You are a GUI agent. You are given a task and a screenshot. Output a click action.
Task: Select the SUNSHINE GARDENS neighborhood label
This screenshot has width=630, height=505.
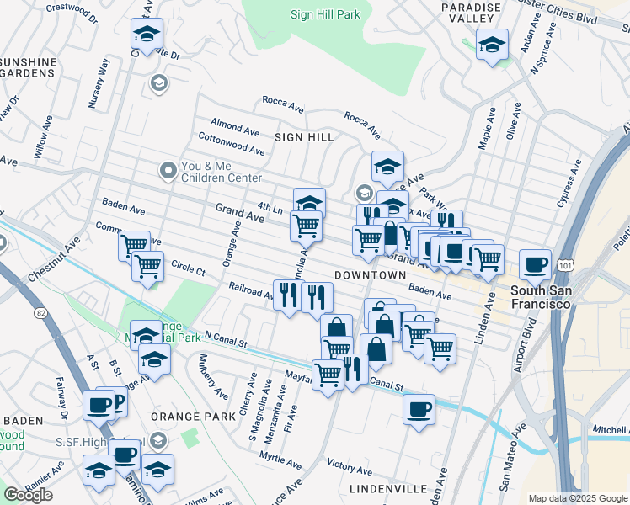[x=29, y=67]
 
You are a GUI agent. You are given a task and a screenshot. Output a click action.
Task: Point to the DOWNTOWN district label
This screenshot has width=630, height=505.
[x=371, y=275]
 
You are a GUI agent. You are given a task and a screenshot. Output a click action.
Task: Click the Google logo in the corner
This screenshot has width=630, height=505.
[x=28, y=495]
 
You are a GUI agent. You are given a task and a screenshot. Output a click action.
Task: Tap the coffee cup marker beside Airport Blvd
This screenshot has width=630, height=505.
[x=535, y=265]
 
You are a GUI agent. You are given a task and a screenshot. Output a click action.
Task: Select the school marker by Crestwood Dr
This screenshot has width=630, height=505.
[x=147, y=35]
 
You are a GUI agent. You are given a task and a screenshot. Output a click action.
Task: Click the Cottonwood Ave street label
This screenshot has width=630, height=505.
[x=231, y=144]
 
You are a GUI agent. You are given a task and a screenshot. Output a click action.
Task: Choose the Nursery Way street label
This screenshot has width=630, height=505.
[x=99, y=83]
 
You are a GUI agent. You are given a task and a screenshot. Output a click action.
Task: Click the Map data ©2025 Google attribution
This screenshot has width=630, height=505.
[x=577, y=498]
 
